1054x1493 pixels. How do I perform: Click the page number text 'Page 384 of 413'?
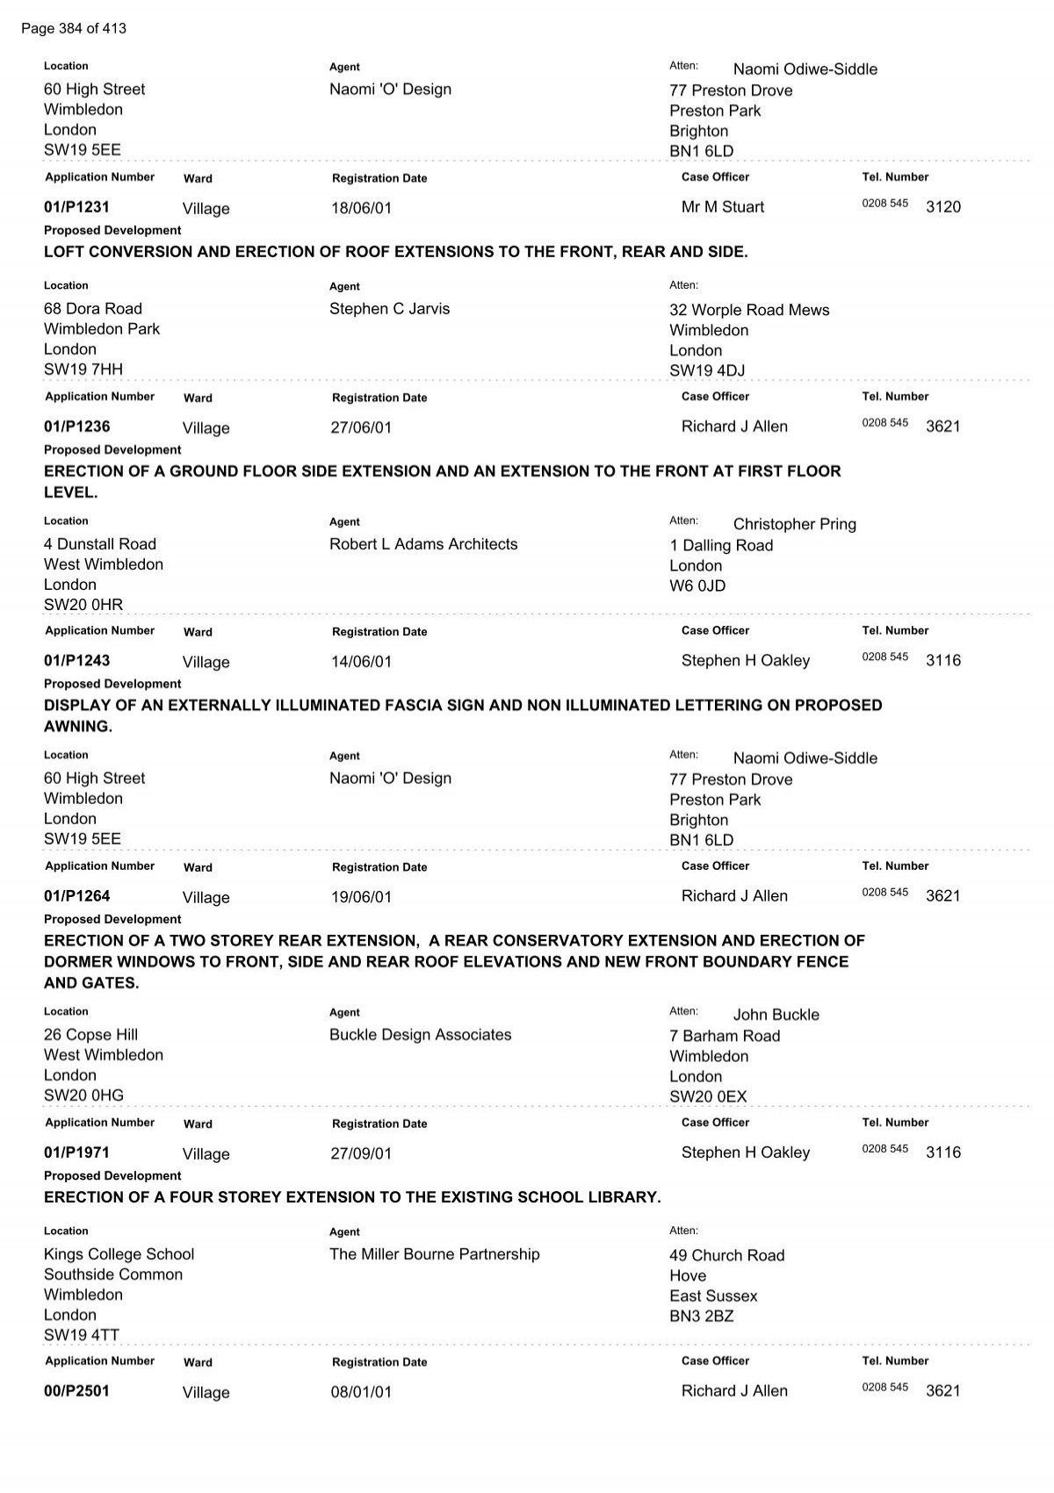(x=74, y=29)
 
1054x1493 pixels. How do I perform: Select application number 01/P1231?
(x=76, y=207)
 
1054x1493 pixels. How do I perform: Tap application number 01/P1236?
(x=76, y=427)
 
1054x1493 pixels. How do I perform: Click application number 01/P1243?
(x=76, y=661)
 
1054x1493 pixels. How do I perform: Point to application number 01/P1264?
(x=76, y=896)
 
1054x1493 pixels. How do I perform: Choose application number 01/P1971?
(x=76, y=1152)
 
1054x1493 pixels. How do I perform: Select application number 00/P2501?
(x=76, y=1391)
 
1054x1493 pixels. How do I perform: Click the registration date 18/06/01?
(x=361, y=208)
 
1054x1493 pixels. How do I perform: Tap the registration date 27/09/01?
(x=361, y=1153)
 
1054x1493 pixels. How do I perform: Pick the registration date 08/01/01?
(x=361, y=1392)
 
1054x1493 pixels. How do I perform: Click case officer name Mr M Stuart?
(x=722, y=207)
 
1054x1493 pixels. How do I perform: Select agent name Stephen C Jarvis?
(x=389, y=309)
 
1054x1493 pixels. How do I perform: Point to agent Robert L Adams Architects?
(x=423, y=544)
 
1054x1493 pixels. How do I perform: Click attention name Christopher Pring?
(x=794, y=524)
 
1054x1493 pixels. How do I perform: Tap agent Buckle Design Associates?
(x=420, y=1035)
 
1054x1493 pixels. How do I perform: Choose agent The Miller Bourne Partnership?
(x=434, y=1254)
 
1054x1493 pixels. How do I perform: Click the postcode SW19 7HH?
(x=83, y=370)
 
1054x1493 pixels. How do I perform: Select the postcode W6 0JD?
(x=697, y=585)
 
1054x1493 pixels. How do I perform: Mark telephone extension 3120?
(x=943, y=207)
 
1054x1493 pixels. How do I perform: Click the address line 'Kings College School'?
(x=119, y=1254)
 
